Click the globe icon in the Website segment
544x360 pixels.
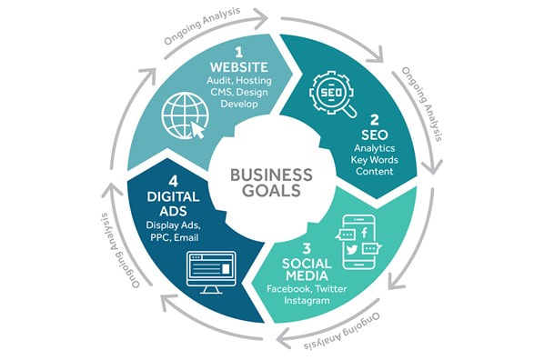pos(185,115)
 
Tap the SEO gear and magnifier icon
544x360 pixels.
pos(332,94)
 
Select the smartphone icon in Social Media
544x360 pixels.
pos(358,242)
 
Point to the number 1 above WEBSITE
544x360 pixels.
pos(238,53)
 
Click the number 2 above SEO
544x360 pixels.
pos(375,120)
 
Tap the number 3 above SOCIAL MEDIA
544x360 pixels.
pos(307,249)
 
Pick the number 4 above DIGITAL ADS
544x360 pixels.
pos(173,182)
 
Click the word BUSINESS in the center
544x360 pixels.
pos(271,175)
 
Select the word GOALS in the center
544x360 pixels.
pos(271,190)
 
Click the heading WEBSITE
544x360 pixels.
pos(239,67)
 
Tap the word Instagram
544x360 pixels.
pos(307,300)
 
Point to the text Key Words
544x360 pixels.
pos(375,160)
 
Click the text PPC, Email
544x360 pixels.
pos(174,238)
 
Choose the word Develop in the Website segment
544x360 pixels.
pos(239,104)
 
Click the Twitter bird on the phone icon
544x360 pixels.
pos(351,249)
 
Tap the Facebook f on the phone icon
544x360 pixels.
pos(364,233)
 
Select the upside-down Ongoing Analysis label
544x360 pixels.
pos(342,332)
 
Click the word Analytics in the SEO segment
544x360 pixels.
pos(375,148)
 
